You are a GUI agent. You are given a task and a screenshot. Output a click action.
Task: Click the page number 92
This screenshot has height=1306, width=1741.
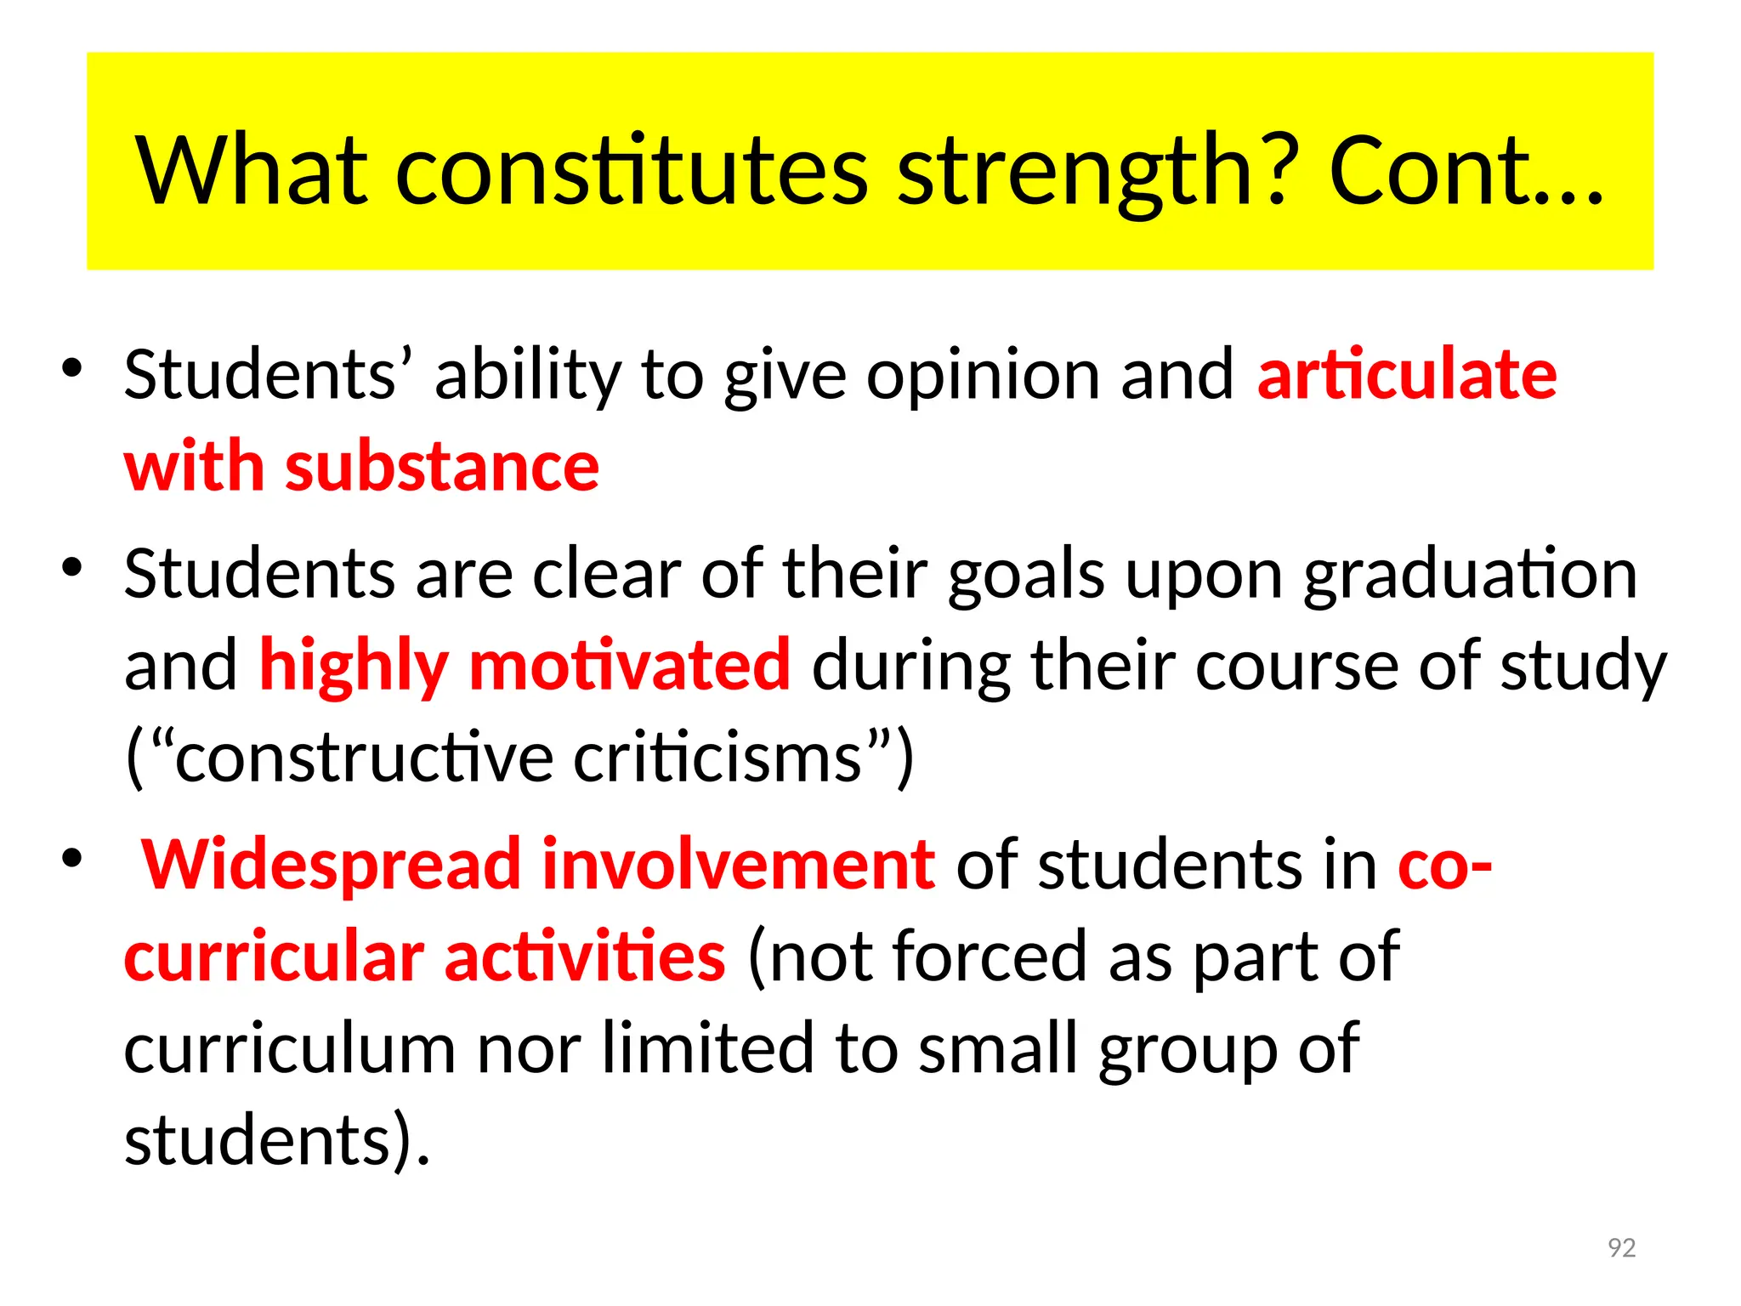click(1622, 1247)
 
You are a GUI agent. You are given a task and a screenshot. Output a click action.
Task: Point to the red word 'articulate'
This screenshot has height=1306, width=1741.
click(1407, 375)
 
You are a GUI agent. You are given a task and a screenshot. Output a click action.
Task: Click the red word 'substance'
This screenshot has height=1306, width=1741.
click(442, 468)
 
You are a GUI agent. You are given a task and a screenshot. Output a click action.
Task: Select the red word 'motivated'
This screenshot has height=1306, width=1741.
click(629, 665)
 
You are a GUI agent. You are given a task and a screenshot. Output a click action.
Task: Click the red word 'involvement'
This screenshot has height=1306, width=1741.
click(738, 865)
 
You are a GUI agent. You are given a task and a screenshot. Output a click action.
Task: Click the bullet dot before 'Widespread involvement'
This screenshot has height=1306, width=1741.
click(71, 858)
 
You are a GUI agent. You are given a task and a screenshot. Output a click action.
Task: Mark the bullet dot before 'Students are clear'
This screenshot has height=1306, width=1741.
click(71, 566)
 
